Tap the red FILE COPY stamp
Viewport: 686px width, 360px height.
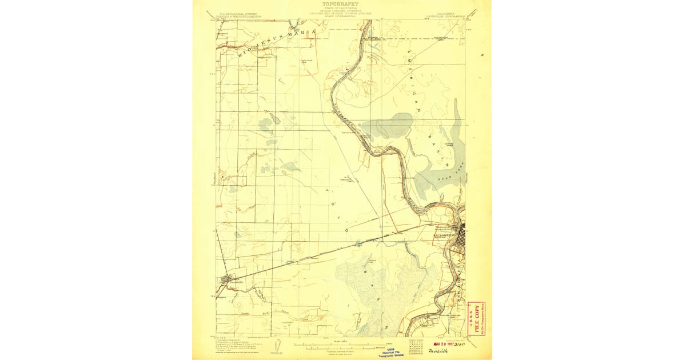tap(476, 318)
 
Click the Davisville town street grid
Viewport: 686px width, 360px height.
tap(228, 280)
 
